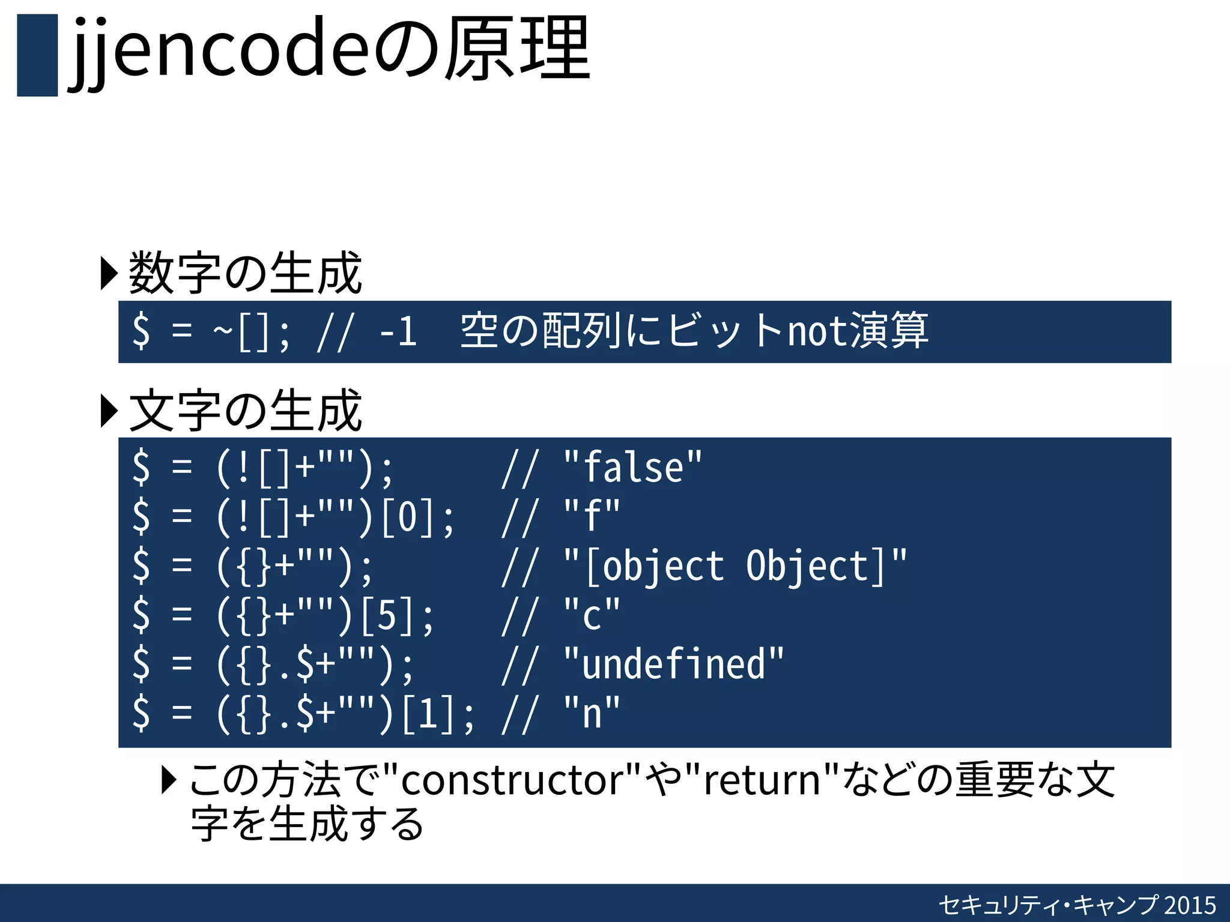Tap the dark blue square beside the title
[37, 55]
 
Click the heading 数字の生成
[245, 274]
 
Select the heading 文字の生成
[245, 411]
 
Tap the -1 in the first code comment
[398, 332]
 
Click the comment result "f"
[592, 516]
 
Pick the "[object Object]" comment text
[735, 566]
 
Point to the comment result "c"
[592, 615]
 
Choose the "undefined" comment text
[673, 664]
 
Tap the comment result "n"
[592, 714]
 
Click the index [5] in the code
[387, 615]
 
